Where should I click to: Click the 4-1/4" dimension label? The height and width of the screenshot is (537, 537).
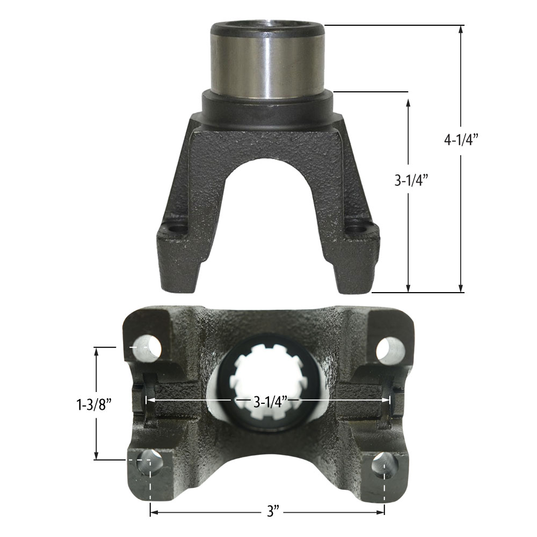point(461,140)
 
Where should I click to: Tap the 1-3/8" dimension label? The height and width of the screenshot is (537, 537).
point(94,405)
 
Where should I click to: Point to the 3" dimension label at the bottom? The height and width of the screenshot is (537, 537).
point(272,512)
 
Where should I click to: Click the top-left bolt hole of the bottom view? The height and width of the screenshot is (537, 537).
point(147,348)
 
